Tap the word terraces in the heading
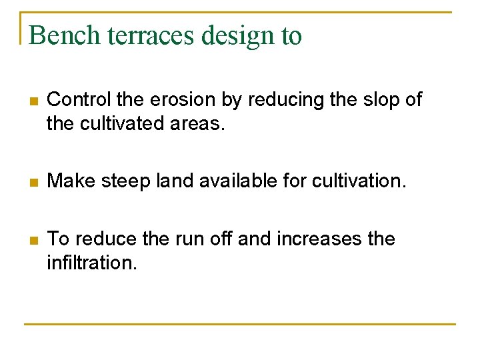coord(145,35)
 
